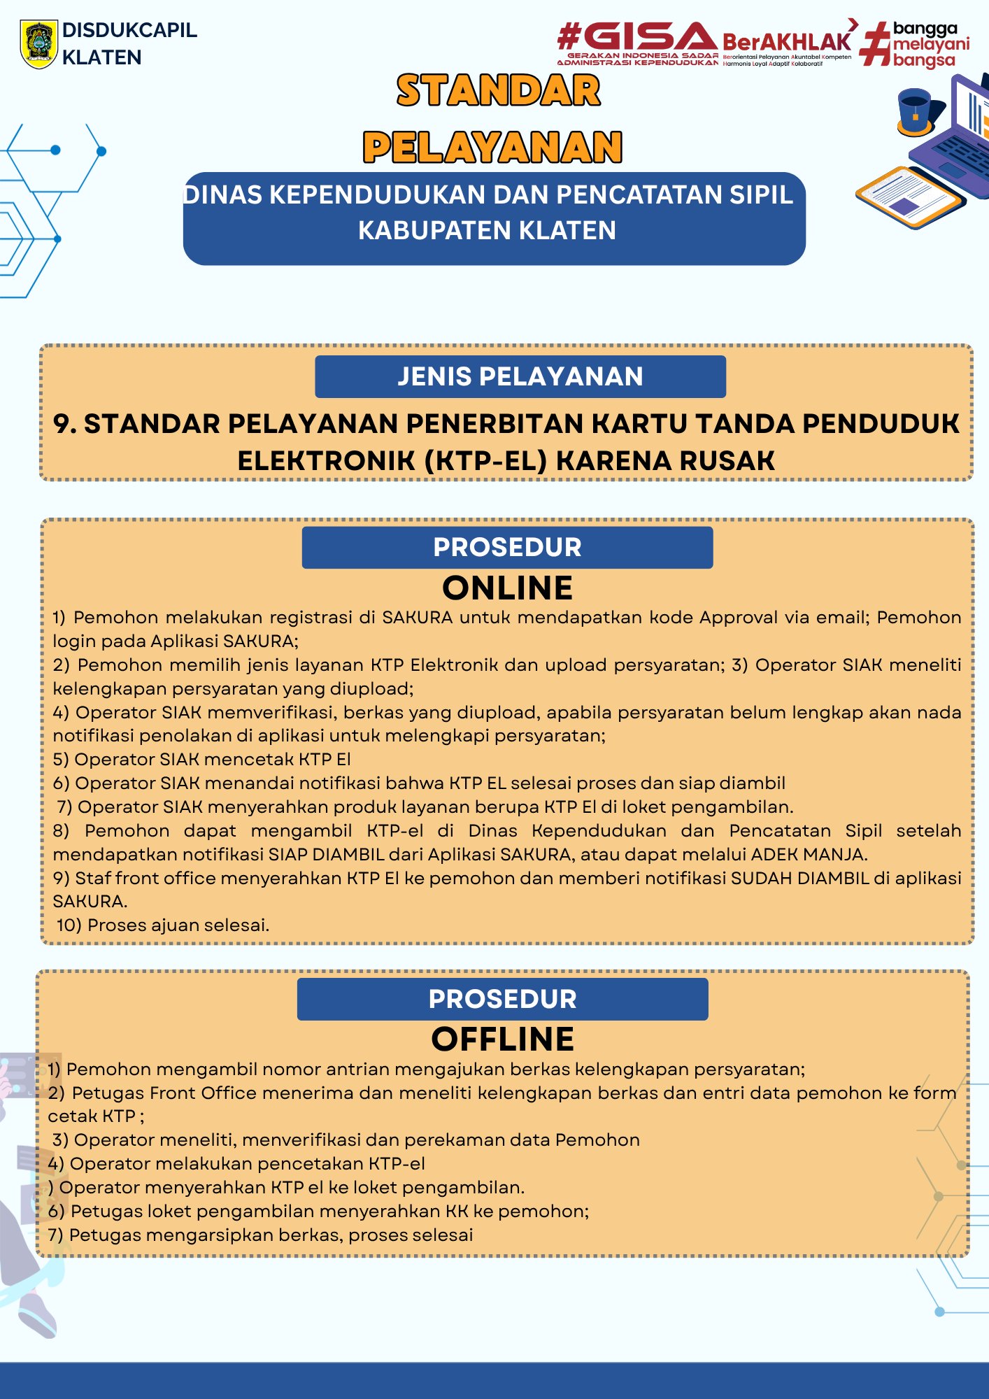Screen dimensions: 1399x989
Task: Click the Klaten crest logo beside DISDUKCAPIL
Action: click(x=38, y=43)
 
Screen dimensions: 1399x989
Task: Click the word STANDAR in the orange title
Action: click(x=498, y=91)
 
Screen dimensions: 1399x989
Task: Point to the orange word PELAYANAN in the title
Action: click(x=492, y=147)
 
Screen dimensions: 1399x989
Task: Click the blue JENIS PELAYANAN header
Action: click(x=520, y=376)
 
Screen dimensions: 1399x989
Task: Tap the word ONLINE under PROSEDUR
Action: click(x=507, y=588)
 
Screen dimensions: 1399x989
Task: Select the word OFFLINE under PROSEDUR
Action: click(x=502, y=1039)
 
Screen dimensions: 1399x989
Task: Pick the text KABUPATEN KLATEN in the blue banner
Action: click(x=487, y=230)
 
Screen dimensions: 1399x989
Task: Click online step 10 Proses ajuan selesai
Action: click(x=162, y=925)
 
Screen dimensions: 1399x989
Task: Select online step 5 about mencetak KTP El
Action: click(x=201, y=759)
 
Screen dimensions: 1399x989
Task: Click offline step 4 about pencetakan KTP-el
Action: click(x=236, y=1163)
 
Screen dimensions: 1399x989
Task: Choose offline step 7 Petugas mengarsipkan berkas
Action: click(x=260, y=1235)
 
